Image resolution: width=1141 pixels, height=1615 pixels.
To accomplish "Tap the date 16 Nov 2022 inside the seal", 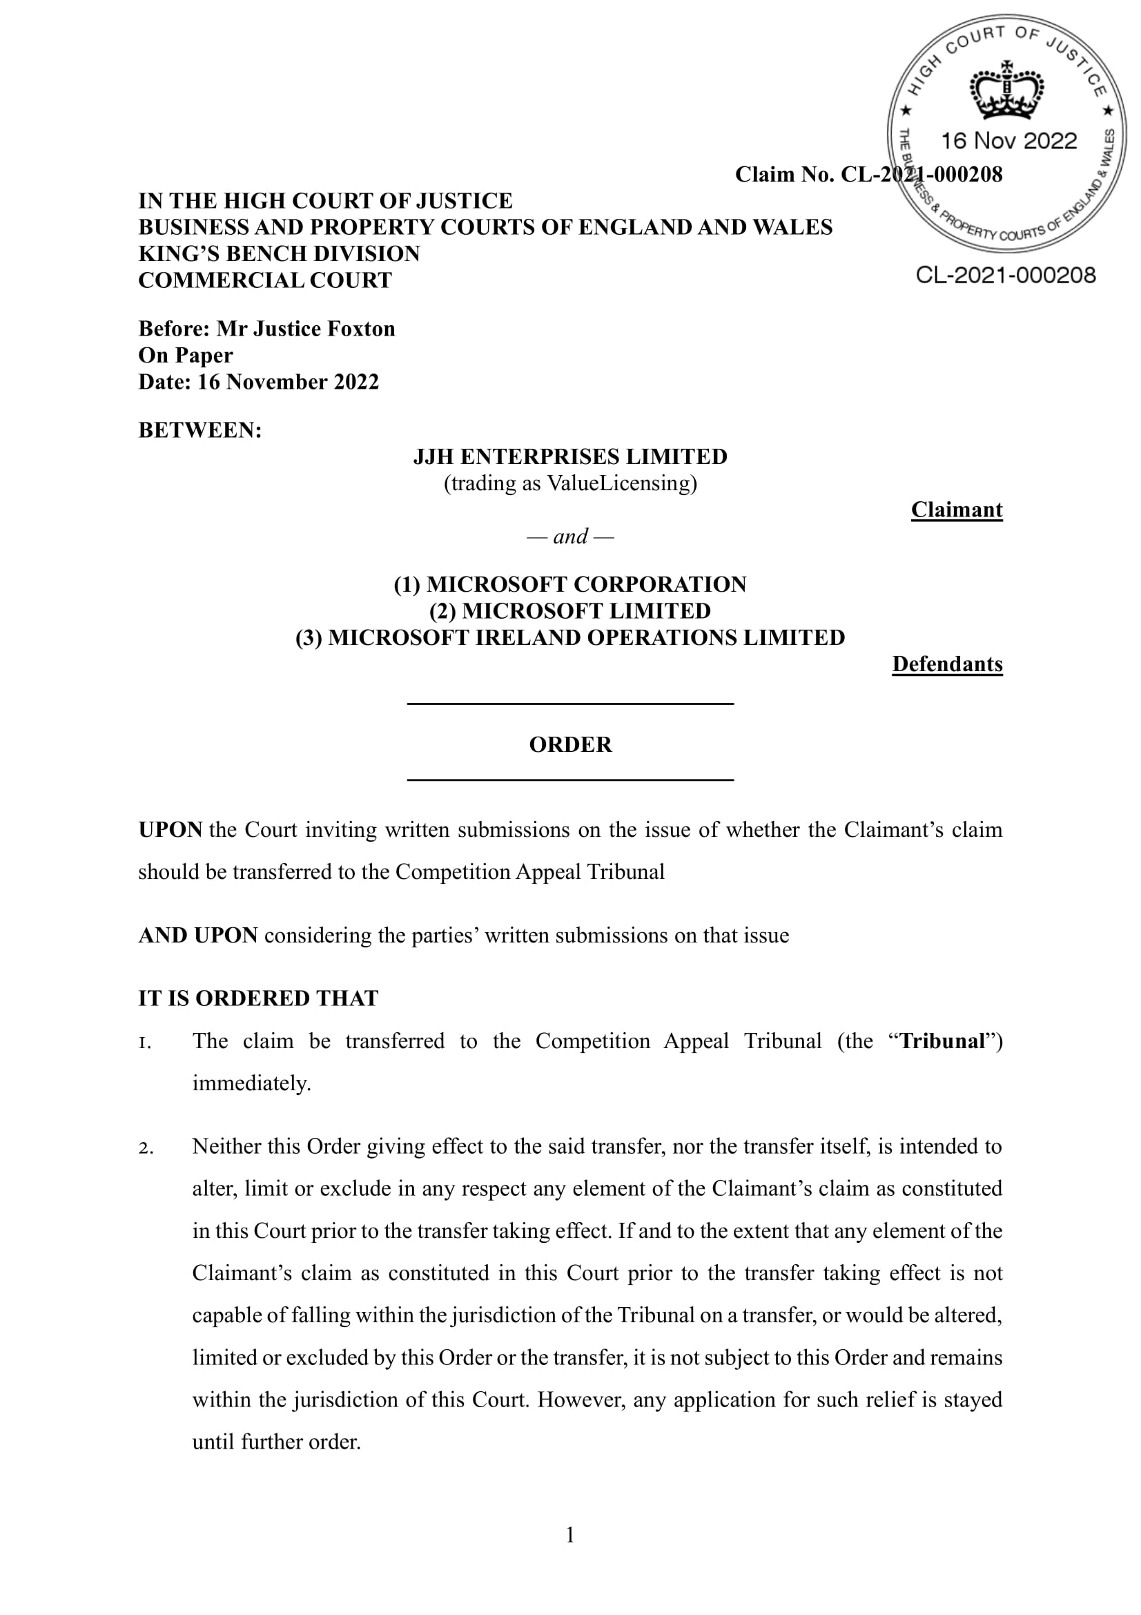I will (1008, 141).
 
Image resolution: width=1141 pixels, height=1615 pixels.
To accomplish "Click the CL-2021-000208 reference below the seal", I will (1005, 275).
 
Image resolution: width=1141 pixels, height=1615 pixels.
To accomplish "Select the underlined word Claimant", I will (956, 510).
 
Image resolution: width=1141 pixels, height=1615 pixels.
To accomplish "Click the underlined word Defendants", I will (947, 664).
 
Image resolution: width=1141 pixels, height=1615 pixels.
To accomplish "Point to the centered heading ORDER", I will (570, 744).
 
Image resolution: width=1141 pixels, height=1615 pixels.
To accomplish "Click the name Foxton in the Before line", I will (363, 329).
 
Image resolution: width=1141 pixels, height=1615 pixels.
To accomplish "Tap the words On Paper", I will (186, 355).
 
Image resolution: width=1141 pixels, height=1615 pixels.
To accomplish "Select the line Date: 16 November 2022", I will (259, 382).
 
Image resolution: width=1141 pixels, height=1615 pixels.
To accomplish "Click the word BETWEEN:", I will (199, 429).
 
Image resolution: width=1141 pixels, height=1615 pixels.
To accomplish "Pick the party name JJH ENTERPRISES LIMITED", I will (570, 456).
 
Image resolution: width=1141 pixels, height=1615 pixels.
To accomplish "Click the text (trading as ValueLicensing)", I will (570, 483).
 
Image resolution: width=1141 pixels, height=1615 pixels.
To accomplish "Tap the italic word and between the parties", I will (570, 536).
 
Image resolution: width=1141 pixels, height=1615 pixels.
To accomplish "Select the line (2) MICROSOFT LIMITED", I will (570, 610).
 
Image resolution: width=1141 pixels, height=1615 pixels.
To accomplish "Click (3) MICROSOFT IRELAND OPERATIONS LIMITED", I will (570, 637).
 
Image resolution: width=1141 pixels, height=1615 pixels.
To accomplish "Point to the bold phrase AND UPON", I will (197, 936).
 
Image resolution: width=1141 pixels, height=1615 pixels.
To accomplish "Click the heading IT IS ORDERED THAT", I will (258, 998).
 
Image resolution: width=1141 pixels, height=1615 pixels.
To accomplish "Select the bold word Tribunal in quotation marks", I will (942, 1041).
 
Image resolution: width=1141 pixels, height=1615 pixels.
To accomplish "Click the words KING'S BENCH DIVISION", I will (279, 253).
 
